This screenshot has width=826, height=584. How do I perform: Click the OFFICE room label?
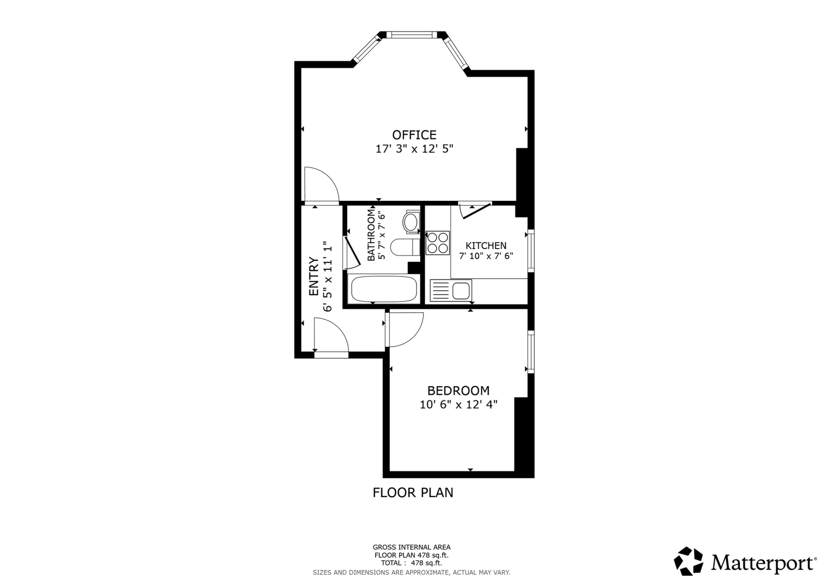pyautogui.click(x=414, y=135)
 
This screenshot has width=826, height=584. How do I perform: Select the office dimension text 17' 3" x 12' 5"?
pyautogui.click(x=414, y=149)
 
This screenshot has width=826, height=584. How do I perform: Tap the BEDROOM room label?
pyautogui.click(x=458, y=390)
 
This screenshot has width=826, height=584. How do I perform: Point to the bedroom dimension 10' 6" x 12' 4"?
pyautogui.click(x=459, y=405)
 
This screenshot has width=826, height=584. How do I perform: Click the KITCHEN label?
pyautogui.click(x=486, y=246)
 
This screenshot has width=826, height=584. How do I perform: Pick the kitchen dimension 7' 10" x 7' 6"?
pyautogui.click(x=486, y=256)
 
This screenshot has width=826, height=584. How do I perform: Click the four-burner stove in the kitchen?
pyautogui.click(x=438, y=243)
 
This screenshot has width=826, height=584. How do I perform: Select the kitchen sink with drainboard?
pyautogui.click(x=451, y=290)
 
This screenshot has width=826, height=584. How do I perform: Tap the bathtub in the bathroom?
pyautogui.click(x=384, y=289)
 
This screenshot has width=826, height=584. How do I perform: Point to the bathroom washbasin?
pyautogui.click(x=410, y=222)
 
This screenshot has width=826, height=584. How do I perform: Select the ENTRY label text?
pyautogui.click(x=314, y=277)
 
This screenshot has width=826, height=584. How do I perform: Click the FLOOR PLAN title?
pyautogui.click(x=413, y=492)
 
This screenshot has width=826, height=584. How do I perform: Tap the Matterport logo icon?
pyautogui.click(x=688, y=561)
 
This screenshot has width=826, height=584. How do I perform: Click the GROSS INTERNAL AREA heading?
pyautogui.click(x=411, y=547)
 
